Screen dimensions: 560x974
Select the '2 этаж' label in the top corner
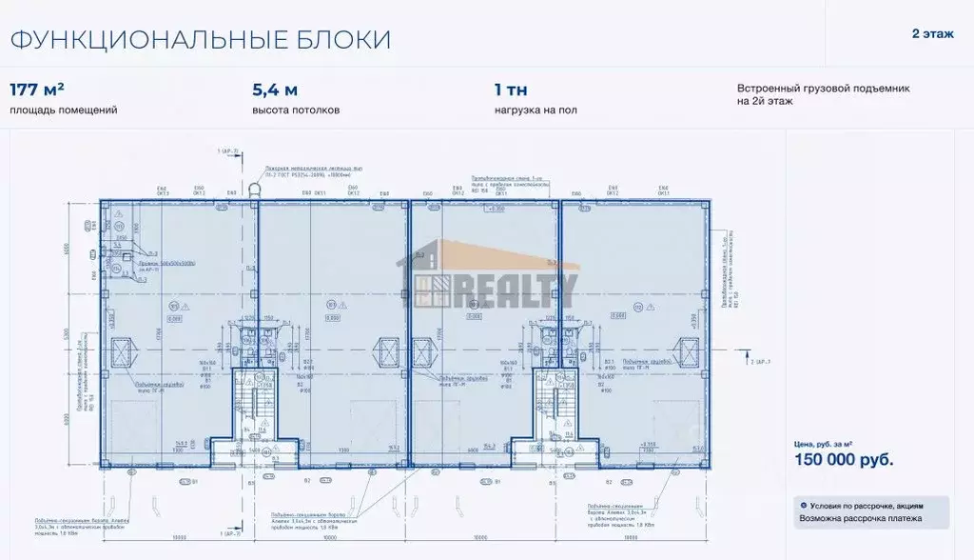931,34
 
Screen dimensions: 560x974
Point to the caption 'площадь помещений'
63,110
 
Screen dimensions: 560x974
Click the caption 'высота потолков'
295,110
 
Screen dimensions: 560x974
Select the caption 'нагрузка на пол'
535,110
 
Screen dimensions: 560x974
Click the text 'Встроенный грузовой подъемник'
823,88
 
